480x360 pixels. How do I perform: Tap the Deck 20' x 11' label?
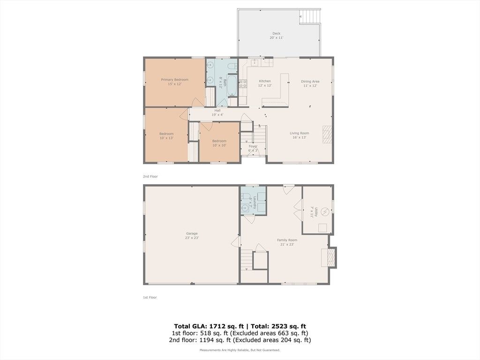(x=277, y=36)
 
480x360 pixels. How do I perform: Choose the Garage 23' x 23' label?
(x=192, y=235)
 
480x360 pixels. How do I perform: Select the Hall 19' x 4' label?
(x=217, y=112)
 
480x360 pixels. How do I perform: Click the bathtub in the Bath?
(x=232, y=86)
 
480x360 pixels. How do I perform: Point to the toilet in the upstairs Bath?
(x=232, y=66)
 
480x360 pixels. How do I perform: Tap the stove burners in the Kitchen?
(x=243, y=83)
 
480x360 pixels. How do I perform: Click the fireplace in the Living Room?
(x=327, y=134)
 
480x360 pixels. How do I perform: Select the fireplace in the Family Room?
(x=329, y=257)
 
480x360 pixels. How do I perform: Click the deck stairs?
(x=310, y=16)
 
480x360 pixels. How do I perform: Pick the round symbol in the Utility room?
(x=325, y=211)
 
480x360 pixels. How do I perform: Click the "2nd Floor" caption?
(x=150, y=176)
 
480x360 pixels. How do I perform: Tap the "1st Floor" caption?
(x=150, y=297)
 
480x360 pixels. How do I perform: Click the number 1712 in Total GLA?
(x=216, y=326)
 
